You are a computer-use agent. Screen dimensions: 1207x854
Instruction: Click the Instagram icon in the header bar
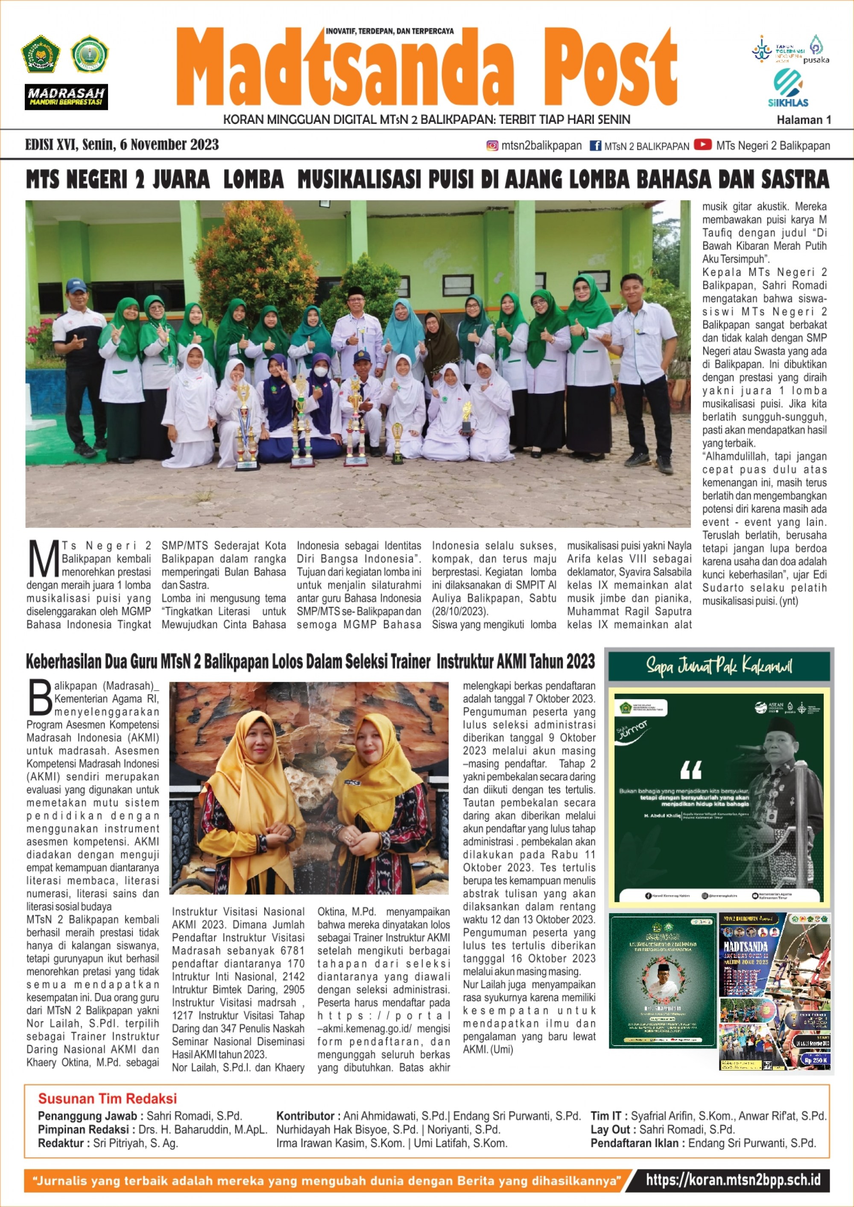pos(492,146)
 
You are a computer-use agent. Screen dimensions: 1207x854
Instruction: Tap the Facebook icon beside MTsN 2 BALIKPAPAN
pos(595,146)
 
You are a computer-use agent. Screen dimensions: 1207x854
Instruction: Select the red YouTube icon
pos(702,145)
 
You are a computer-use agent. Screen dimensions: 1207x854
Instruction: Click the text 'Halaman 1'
pos(804,120)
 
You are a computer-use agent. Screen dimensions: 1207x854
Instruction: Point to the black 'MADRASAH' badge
pos(66,97)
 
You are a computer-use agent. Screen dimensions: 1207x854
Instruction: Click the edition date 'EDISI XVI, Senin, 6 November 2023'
pos(122,145)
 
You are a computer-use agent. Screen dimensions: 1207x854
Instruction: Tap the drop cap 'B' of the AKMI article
pos(40,697)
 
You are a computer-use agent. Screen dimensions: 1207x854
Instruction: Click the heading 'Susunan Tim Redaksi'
pos(107,1098)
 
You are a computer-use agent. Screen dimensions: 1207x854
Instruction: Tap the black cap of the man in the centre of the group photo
pos(357,291)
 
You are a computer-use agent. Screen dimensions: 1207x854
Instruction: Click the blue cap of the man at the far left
pos(76,285)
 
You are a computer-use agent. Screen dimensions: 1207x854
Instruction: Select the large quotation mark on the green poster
pos(690,771)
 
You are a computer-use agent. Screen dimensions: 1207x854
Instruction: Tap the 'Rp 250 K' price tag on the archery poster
pos(815,1060)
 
